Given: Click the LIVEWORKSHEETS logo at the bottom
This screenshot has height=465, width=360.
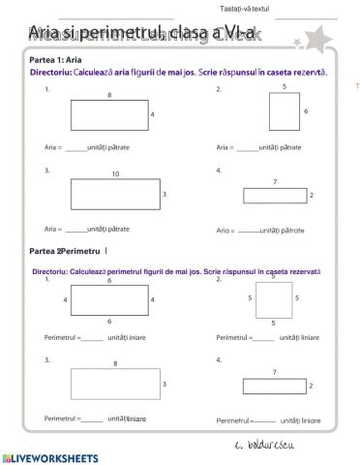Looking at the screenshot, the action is pos(50,455).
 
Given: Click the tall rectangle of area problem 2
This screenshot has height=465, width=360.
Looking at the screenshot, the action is pos(284,112).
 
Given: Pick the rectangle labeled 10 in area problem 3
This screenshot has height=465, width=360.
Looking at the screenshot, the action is pos(115,195).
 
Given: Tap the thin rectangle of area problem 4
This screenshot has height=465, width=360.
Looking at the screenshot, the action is pos(275,196).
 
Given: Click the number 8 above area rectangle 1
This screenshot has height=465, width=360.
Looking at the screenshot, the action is pos(108,95).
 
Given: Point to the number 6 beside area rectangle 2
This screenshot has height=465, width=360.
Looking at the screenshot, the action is pos(306,112).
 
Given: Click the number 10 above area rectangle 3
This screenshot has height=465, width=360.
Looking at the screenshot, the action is pos(115,175).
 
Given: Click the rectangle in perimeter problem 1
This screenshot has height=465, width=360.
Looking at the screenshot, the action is pos(108,300).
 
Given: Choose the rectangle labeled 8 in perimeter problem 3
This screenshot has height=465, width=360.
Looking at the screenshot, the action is pos(115,385).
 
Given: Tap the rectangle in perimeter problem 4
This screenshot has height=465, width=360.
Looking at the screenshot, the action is pos(275,386).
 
